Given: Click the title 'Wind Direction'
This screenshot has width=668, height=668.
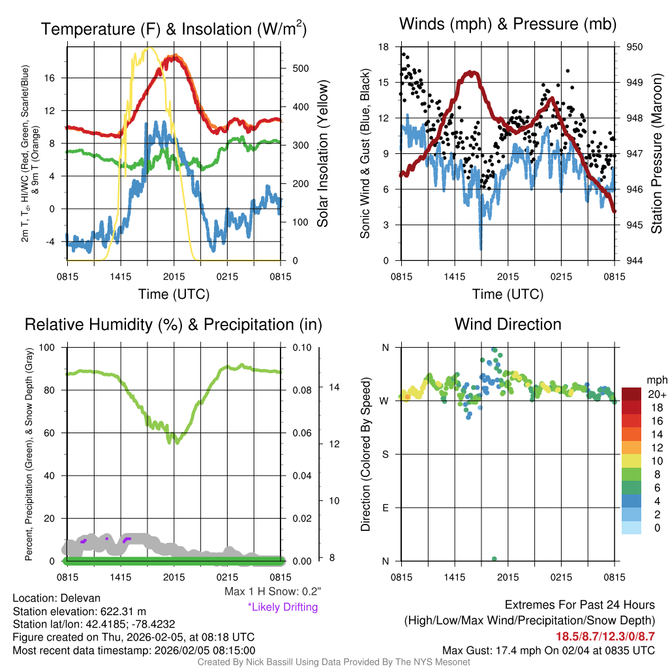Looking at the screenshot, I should (x=508, y=324).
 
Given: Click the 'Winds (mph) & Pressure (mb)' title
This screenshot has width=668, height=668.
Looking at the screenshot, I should (x=508, y=25).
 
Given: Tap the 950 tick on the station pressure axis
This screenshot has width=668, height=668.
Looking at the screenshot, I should (x=635, y=47).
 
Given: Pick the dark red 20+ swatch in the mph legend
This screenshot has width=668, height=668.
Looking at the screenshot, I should (x=631, y=394).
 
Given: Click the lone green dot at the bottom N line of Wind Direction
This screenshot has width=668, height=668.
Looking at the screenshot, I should (x=494, y=558).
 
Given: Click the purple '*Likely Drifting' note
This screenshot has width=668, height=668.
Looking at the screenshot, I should (x=282, y=607).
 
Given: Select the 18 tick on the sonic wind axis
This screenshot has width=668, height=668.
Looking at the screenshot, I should (x=384, y=47).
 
